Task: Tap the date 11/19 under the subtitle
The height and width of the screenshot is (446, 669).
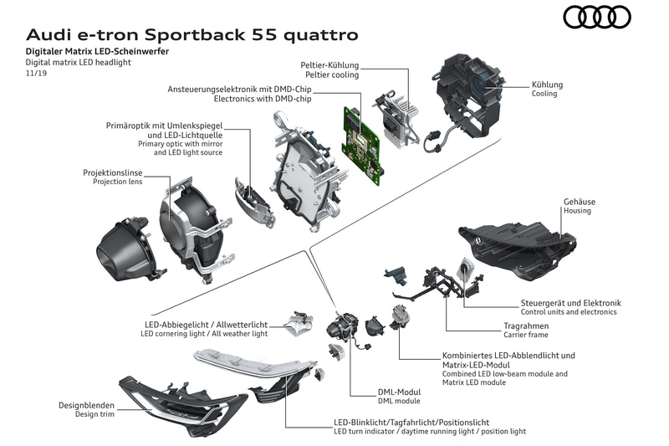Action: tap(37, 74)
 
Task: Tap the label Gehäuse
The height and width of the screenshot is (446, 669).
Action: tap(576, 201)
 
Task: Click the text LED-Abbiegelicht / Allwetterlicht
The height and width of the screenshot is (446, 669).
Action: tap(204, 324)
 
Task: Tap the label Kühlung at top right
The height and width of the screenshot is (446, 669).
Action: tap(547, 85)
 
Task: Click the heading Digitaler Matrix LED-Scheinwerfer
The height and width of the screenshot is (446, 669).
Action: tap(97, 52)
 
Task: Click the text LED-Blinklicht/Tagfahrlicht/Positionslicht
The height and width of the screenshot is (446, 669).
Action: tap(411, 422)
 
